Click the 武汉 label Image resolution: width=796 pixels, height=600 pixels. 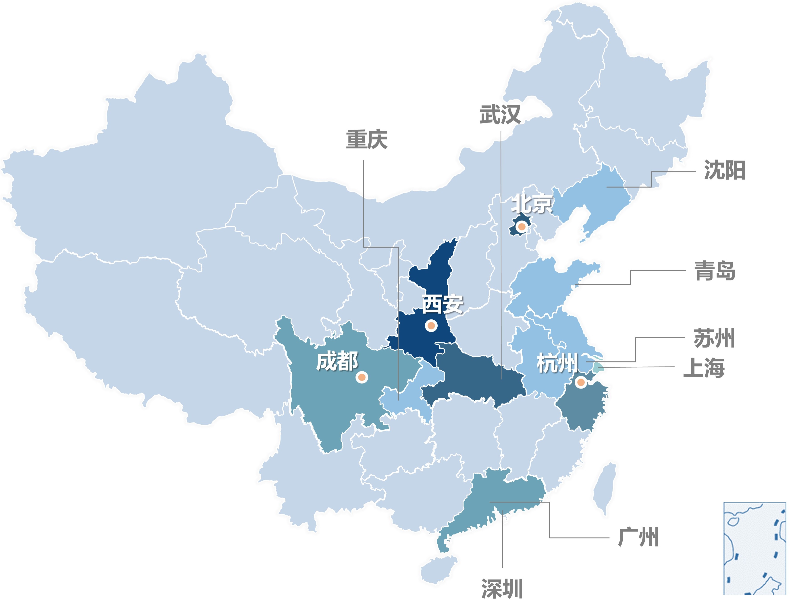(x=500, y=115)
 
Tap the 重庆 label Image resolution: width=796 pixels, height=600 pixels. (x=367, y=140)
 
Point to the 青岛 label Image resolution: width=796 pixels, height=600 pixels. (x=715, y=271)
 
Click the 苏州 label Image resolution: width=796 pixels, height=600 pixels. (x=714, y=338)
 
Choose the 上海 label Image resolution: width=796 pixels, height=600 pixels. (x=704, y=368)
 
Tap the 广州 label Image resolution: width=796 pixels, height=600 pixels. (x=638, y=537)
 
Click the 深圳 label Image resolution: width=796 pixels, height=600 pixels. (x=502, y=588)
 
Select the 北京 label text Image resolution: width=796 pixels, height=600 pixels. (x=532, y=204)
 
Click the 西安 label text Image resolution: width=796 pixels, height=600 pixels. (x=442, y=304)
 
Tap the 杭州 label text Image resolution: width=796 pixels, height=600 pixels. (x=557, y=363)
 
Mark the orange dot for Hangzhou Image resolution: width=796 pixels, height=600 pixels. (x=580, y=382)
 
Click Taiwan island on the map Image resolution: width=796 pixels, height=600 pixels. (x=605, y=489)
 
